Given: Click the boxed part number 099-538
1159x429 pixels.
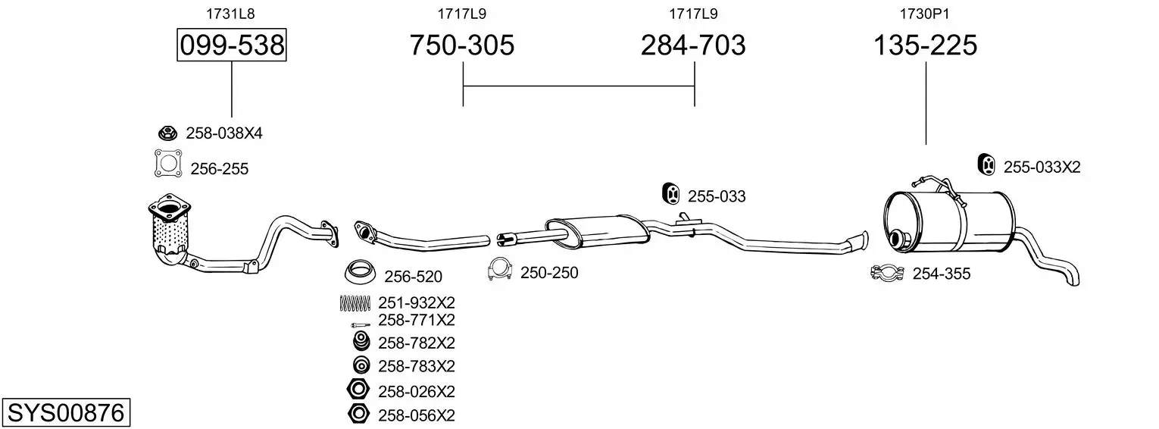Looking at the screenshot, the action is [232, 45].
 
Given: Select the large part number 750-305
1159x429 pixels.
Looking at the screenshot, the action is [462, 45].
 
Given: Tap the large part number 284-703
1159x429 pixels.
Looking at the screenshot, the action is [693, 45].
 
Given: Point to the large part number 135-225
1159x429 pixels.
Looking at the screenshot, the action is [925, 45].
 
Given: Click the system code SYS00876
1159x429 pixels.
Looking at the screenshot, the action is [66, 413].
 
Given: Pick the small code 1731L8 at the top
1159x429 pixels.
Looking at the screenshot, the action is [231, 14].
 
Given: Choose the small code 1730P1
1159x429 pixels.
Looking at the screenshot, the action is [925, 14].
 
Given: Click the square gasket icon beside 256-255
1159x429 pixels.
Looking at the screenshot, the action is [168, 163].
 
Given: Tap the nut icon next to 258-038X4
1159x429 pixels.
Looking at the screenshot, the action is [167, 133].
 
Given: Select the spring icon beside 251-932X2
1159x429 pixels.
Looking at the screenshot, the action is [355, 302].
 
